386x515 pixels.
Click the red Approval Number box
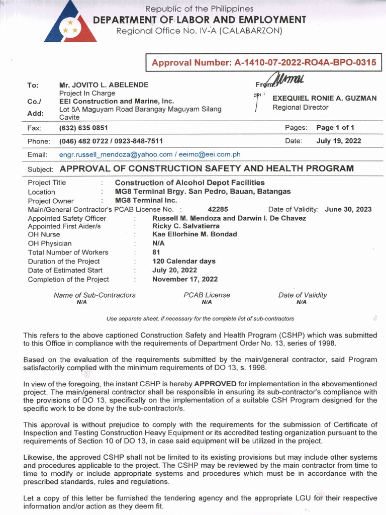263,63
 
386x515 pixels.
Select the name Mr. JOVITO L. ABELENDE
104,84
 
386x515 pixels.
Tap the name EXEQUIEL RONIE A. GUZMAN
324,98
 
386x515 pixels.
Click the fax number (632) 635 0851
83,128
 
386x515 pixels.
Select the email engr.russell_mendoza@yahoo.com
116,154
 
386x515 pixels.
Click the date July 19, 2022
338,141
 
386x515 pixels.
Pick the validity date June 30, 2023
348,209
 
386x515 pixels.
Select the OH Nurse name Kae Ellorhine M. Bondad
195,234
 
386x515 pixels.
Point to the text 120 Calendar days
183,261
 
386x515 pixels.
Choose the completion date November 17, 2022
185,279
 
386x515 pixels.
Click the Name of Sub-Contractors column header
94,295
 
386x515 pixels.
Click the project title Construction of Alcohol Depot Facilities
189,183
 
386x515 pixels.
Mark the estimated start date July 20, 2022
174,270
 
